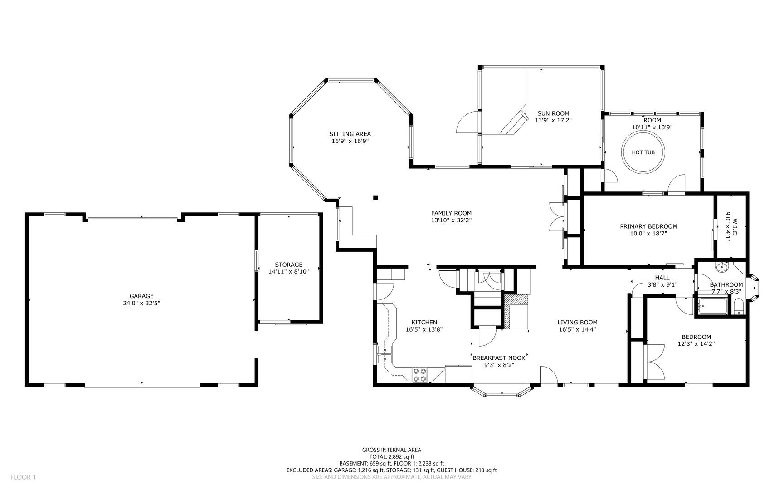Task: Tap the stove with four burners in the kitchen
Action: click(420, 375)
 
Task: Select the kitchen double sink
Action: click(385, 354)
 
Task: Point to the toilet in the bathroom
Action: click(738, 307)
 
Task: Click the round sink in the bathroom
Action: click(721, 267)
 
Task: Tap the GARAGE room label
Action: click(141, 296)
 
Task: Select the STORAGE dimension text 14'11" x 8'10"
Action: click(288, 272)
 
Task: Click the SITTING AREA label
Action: click(350, 134)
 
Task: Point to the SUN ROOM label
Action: click(553, 113)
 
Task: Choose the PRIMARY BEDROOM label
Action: click(648, 226)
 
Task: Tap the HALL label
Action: click(662, 278)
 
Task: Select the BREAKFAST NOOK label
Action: click(499, 358)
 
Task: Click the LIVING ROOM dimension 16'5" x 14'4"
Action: click(577, 330)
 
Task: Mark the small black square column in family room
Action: click(375, 197)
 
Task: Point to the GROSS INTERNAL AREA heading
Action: click(391, 450)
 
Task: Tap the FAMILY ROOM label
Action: click(451, 213)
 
